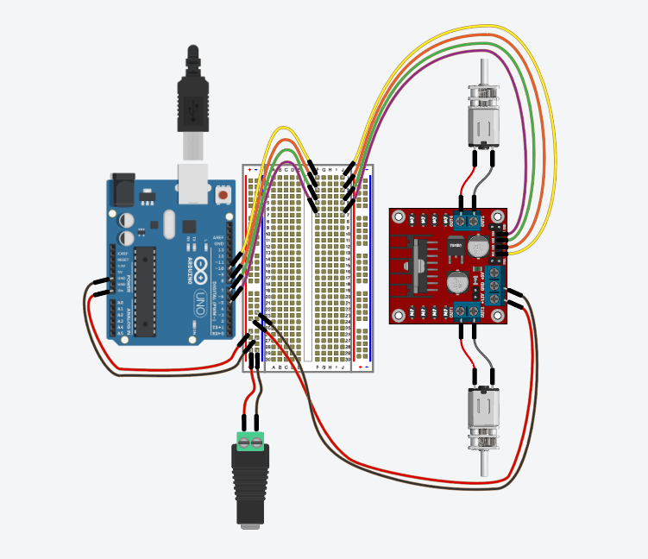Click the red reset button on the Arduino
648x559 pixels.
point(223,196)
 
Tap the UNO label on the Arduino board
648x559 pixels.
point(198,301)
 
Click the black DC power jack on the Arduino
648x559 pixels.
point(123,189)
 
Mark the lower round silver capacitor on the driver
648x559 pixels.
point(459,282)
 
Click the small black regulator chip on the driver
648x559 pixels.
point(455,246)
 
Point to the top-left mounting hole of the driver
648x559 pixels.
point(399,217)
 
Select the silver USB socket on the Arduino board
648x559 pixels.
point(195,185)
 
